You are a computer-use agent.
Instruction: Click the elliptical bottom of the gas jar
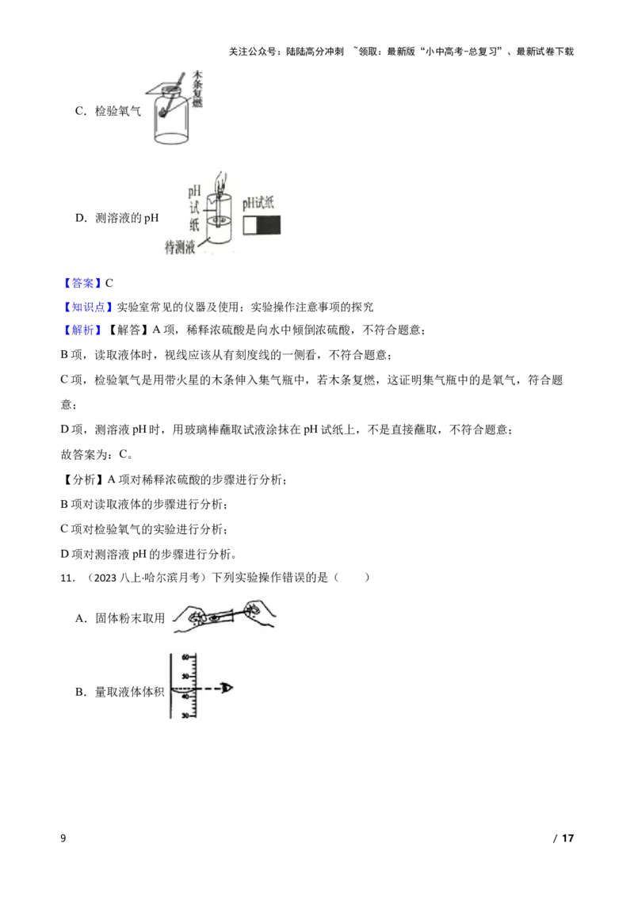[x=173, y=137]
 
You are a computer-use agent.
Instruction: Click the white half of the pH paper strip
[x=250, y=225]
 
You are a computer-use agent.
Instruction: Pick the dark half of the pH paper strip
[x=269, y=225]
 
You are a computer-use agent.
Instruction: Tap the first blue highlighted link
[x=82, y=283]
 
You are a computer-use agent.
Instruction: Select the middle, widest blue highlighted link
[x=88, y=307]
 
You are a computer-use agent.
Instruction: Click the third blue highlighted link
[x=82, y=330]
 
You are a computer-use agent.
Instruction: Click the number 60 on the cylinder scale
[x=185, y=658]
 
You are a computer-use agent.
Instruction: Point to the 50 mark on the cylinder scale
[x=185, y=676]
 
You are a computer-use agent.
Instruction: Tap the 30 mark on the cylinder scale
[x=185, y=716]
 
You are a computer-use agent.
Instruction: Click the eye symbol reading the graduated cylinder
[x=229, y=689]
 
